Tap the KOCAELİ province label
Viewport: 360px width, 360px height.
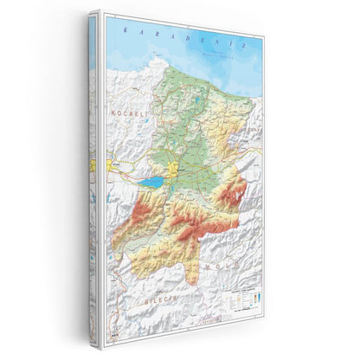tap(121, 115)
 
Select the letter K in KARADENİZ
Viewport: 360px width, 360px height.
tap(126, 29)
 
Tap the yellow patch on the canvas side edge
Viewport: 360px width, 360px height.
tap(92, 164)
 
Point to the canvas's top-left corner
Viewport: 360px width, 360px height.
tap(89, 12)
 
